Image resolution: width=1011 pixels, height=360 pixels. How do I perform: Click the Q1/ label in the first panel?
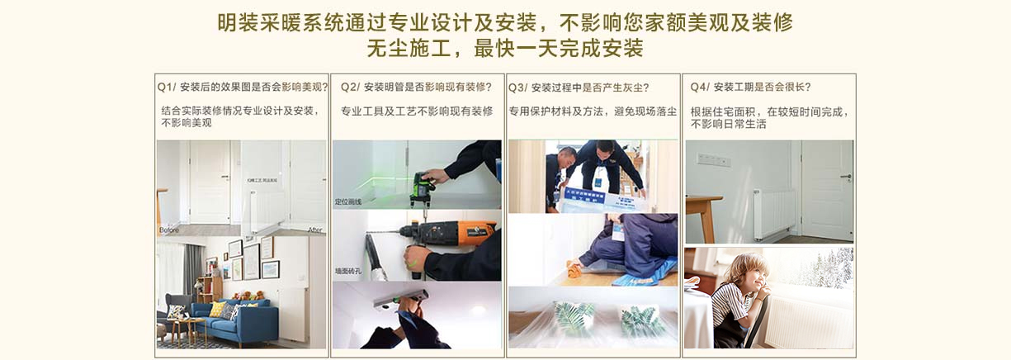(x=166, y=87)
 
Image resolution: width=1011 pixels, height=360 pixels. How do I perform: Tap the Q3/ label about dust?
(x=517, y=87)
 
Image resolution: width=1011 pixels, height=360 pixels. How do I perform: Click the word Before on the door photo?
(x=168, y=230)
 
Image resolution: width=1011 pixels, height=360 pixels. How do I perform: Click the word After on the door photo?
(x=314, y=230)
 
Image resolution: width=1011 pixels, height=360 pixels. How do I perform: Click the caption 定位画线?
(x=349, y=201)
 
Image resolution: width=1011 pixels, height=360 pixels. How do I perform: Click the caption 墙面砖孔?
(x=349, y=270)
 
